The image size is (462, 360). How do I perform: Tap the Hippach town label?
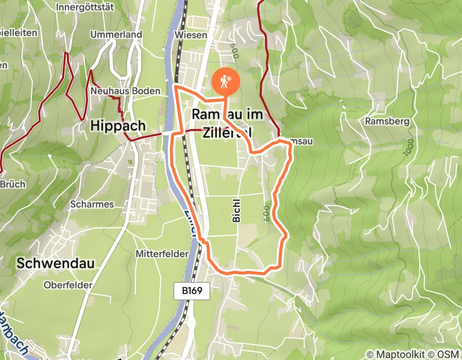click(118, 125)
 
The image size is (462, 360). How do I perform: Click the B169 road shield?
click(196, 291)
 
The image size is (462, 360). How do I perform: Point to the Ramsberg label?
click(387, 122)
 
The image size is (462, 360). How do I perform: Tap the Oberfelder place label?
click(68, 285)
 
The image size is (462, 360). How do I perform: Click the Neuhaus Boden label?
click(125, 91)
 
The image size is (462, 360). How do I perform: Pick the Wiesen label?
click(190, 35)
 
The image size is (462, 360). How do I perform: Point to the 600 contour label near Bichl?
click(266, 212)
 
